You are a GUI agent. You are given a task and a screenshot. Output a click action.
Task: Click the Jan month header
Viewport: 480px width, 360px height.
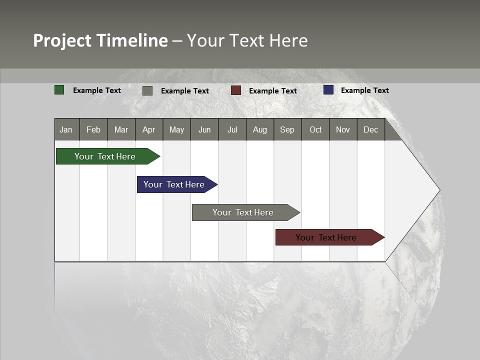(x=66, y=129)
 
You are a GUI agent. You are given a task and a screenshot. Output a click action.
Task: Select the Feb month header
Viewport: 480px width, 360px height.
(x=93, y=129)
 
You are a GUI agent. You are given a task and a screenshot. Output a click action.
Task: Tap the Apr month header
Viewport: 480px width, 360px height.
(x=148, y=129)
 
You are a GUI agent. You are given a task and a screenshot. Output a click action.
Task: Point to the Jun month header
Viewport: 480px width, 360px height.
(x=204, y=129)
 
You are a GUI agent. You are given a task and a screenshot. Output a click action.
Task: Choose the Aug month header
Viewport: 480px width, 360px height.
(x=259, y=129)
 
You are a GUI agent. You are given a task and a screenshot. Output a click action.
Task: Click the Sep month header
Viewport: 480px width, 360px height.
(x=287, y=129)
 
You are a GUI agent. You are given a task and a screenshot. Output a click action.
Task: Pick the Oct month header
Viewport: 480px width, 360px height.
(x=315, y=129)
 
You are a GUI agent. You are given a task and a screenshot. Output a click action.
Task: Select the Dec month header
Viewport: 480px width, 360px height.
(x=370, y=129)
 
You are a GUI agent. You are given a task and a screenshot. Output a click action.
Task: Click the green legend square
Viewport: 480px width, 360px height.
(x=59, y=90)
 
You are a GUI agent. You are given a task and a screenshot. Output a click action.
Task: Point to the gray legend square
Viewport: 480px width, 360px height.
(x=147, y=90)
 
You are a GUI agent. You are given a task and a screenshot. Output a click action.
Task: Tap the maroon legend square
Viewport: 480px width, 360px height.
(x=236, y=90)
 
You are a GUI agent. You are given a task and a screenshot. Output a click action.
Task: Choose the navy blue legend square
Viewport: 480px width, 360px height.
(x=328, y=90)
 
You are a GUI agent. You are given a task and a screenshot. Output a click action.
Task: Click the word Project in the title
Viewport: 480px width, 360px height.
(x=62, y=40)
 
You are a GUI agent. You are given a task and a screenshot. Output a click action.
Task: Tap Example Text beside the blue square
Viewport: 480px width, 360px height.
(x=364, y=90)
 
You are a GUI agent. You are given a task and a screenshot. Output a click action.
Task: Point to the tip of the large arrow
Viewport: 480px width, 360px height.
(x=438, y=190)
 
